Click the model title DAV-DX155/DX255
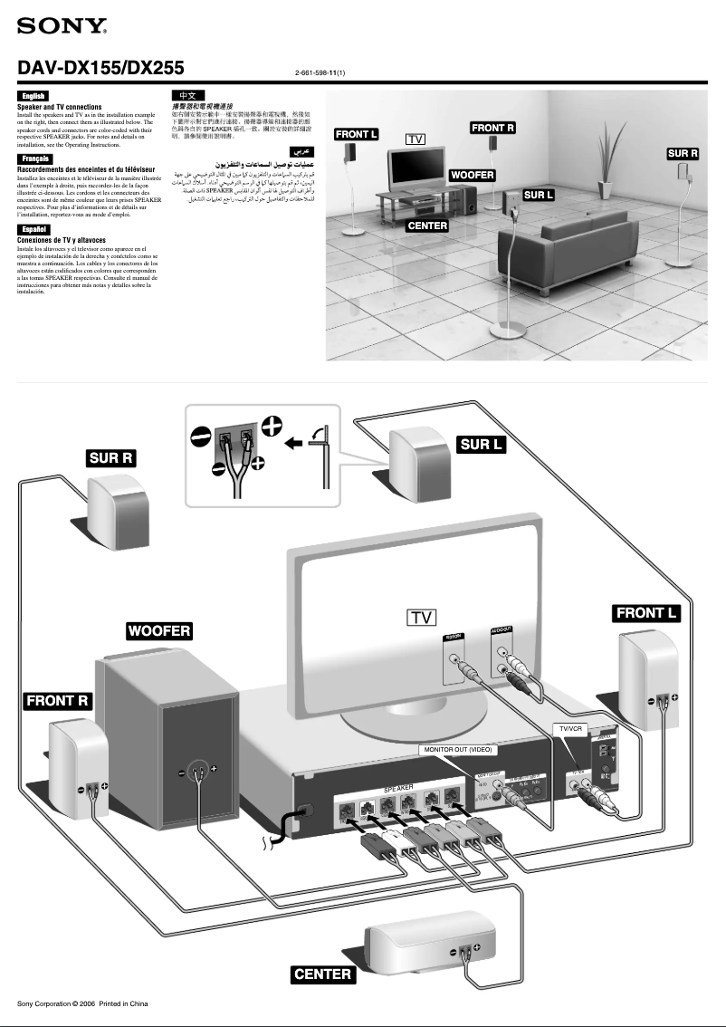coord(101,68)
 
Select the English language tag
coord(33,96)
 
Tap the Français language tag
coord(34,159)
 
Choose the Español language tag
coord(33,229)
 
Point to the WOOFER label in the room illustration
coord(473,174)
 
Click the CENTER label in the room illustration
coord(427,225)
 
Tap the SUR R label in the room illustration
coord(683,154)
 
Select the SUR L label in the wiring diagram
coord(482,444)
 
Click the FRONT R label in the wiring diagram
coord(57,700)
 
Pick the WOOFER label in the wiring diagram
coord(159,630)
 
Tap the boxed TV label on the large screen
coord(421,618)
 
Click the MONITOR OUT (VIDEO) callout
coord(458,750)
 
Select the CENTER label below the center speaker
coord(323,974)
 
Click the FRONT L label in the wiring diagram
coord(646,613)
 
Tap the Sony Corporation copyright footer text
coord(82,1003)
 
